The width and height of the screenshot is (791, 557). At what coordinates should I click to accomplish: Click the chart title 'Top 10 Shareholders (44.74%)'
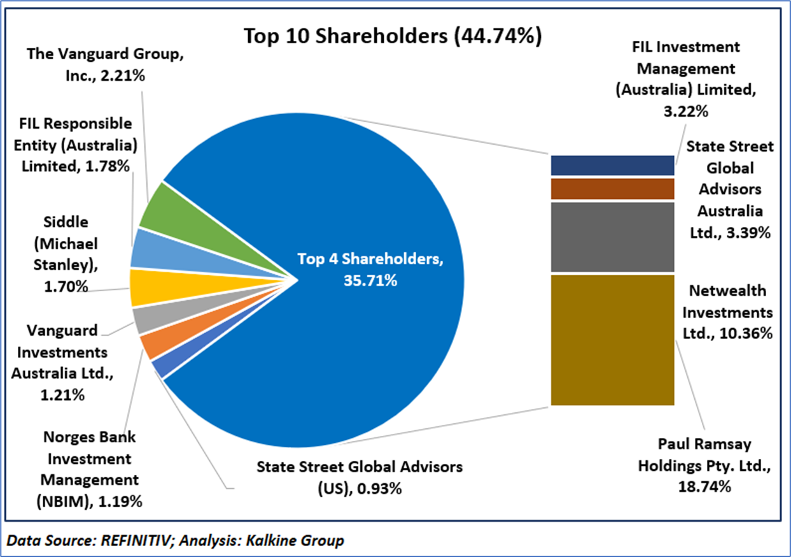point(393,36)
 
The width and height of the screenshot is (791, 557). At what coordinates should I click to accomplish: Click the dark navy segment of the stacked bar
point(612,165)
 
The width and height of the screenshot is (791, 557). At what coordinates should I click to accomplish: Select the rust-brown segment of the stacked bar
point(612,189)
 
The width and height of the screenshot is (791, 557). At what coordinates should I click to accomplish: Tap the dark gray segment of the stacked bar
point(612,236)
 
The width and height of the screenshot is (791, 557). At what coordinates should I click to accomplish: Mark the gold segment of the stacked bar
point(612,340)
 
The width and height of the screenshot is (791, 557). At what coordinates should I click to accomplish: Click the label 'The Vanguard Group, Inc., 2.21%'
point(105,64)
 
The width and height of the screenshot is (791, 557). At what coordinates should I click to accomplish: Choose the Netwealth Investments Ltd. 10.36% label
point(731,312)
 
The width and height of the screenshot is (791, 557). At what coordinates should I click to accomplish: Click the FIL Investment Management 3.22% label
point(686,78)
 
